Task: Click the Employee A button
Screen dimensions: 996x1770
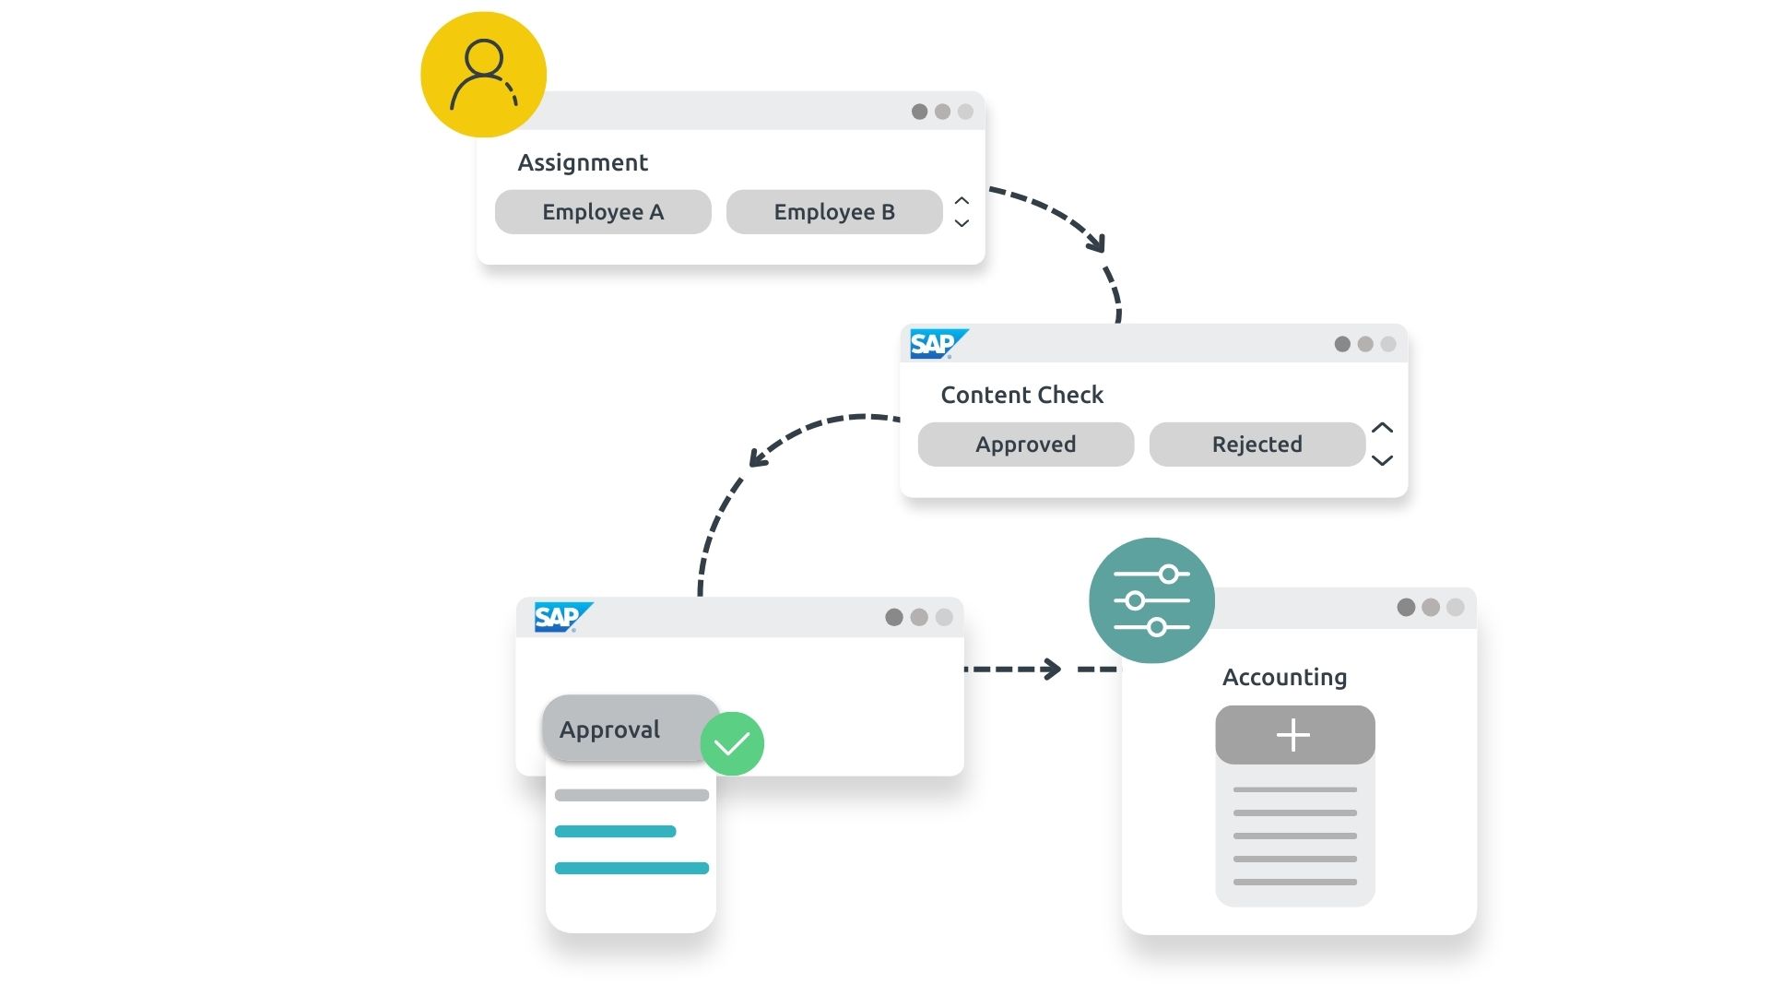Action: coord(603,212)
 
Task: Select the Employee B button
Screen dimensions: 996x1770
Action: coord(834,212)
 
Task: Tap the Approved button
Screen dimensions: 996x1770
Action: coord(1026,445)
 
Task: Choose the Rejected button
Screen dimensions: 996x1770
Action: coord(1257,445)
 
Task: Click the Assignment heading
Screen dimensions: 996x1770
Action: coord(583,163)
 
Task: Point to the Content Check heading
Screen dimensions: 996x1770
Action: coord(1021,396)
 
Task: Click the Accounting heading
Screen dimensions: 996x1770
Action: coord(1284,678)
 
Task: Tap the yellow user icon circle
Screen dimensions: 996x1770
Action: coord(483,75)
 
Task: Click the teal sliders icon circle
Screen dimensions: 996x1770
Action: coord(1151,600)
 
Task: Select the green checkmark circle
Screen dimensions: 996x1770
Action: coord(732,743)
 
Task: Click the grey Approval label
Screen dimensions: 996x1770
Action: coord(610,729)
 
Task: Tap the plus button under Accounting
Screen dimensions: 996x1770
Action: coord(1294,735)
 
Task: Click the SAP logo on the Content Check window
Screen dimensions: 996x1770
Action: coord(937,344)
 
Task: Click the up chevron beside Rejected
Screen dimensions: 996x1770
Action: coord(1382,428)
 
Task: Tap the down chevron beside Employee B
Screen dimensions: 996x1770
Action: coord(962,223)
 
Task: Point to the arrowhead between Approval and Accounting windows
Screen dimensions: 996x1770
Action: coord(1051,669)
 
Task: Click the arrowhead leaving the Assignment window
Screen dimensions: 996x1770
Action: coord(1097,243)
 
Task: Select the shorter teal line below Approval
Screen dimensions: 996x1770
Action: coord(615,832)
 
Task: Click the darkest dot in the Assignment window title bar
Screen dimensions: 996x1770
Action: coord(919,112)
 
